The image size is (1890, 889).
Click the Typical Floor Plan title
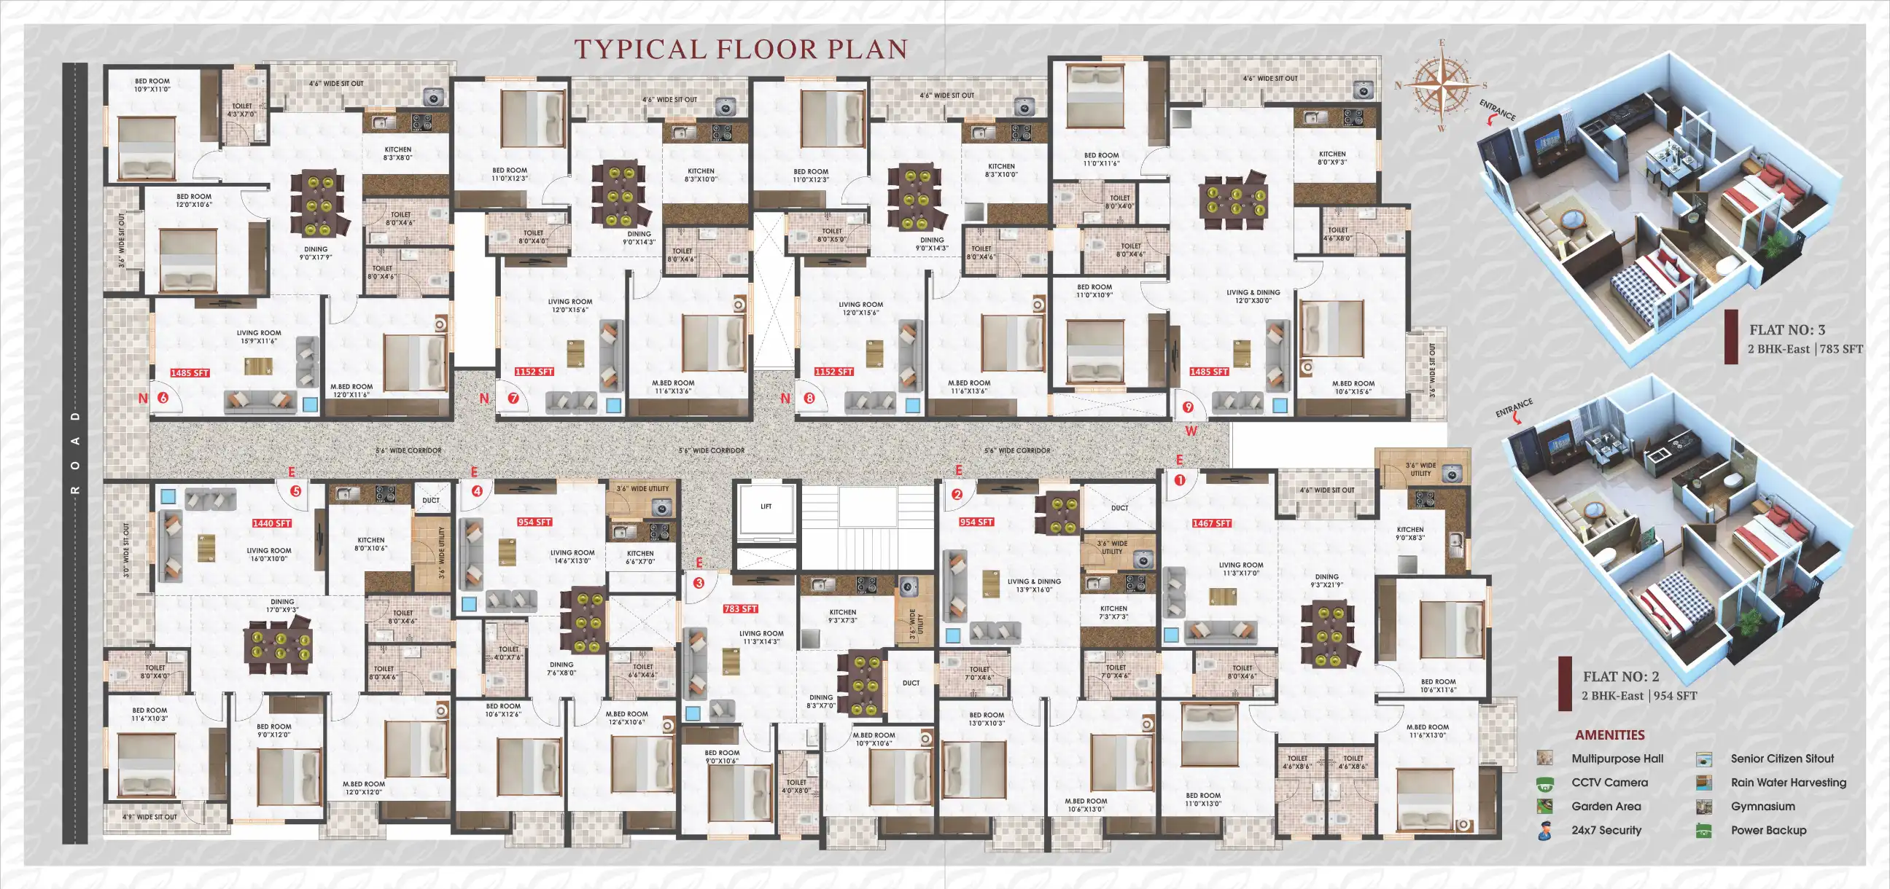coord(740,49)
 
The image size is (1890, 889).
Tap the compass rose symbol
coord(1442,86)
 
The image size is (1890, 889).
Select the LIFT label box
coord(766,507)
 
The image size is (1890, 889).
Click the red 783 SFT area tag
coord(739,608)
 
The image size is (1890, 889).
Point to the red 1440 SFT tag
coord(271,524)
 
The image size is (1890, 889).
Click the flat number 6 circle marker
coord(162,399)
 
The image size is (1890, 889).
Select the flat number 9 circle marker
coord(1188,407)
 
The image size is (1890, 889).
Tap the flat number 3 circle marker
coord(699,583)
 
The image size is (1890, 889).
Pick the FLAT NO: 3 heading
coord(1786,330)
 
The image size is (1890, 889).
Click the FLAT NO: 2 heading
coord(1620,676)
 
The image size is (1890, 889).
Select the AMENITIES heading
coord(1610,735)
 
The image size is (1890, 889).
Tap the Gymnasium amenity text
coord(1762,806)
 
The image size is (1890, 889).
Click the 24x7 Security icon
coord(1544,831)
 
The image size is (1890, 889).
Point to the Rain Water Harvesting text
coord(1788,783)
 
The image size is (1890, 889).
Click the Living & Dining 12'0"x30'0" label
coord(1253,297)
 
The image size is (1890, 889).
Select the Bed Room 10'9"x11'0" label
coord(152,85)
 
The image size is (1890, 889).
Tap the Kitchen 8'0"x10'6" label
coord(370,544)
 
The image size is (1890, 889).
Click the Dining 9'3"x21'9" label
coord(1326,581)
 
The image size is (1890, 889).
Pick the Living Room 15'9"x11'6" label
coord(258,337)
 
